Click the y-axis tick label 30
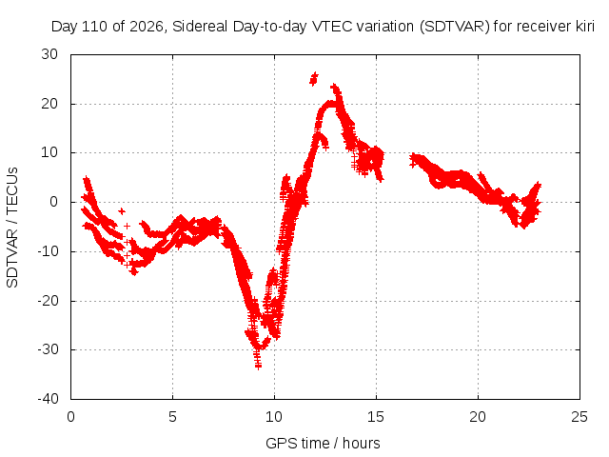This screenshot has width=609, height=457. coord(49,54)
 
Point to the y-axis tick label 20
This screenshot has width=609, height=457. coord(49,104)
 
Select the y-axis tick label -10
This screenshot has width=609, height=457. coord(48,251)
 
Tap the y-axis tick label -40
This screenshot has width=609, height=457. coord(48,399)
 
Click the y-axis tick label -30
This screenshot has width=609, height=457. coord(48,349)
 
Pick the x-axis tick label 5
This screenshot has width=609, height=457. coord(172,417)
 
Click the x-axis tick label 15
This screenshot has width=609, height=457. coord(376,417)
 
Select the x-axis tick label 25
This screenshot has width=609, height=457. coord(580,417)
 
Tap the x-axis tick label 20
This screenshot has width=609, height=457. coord(478,417)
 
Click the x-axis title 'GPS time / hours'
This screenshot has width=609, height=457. coord(323,444)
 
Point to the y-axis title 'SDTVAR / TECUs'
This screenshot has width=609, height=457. coord(12,228)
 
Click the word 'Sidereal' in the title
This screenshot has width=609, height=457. coord(200,27)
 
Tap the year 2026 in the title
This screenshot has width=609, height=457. coord(147,27)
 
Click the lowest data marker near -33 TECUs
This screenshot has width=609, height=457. coord(258,366)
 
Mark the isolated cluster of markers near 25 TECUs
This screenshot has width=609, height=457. coord(313,78)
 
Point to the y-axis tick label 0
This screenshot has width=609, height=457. coord(53,202)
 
